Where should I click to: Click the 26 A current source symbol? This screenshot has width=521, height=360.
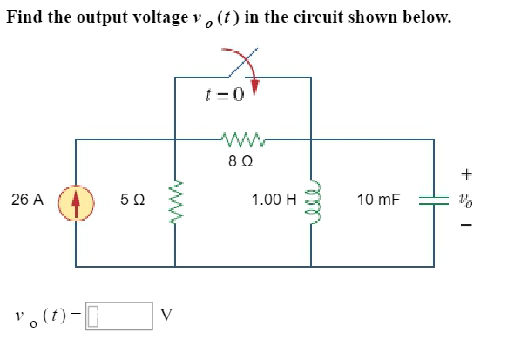click(x=75, y=200)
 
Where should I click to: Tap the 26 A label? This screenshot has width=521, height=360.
click(x=28, y=200)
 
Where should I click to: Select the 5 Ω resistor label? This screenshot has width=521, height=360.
click(x=133, y=200)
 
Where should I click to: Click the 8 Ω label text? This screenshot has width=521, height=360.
click(x=241, y=160)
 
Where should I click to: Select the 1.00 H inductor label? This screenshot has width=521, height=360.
click(x=274, y=200)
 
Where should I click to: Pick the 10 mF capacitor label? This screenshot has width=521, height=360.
click(x=379, y=200)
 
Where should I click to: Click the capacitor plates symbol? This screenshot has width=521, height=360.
click(x=433, y=200)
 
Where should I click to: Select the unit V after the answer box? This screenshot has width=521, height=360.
click(x=167, y=316)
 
